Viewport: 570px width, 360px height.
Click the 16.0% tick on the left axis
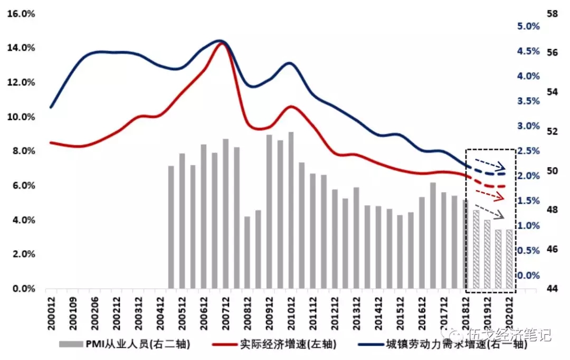pyautogui.click(x=20, y=13)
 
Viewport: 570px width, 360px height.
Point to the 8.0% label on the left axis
pyautogui.click(x=21, y=151)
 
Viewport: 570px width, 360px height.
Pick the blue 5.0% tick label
pyautogui.click(x=527, y=26)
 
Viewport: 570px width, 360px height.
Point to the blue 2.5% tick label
pyautogui.click(x=527, y=151)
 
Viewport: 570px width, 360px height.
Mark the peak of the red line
pyautogui.click(x=222, y=43)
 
